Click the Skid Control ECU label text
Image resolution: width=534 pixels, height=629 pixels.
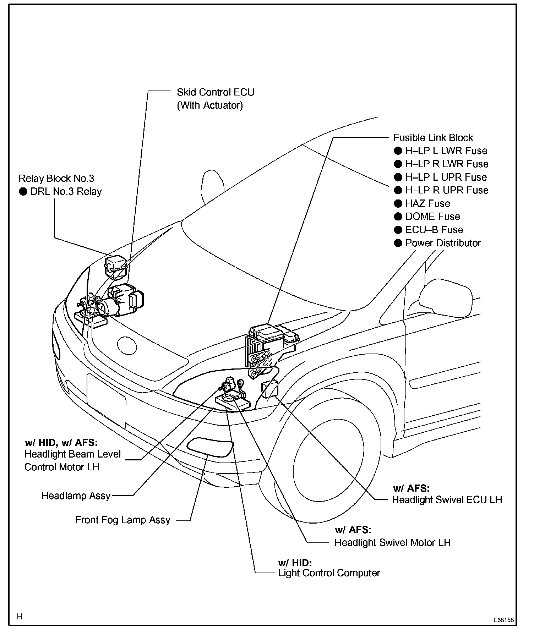(216, 92)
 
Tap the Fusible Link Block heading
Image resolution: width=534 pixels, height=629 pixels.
(433, 138)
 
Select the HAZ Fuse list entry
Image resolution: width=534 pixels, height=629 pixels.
(427, 203)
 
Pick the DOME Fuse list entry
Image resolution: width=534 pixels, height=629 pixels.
(432, 217)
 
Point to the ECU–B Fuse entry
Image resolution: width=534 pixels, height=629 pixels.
(434, 230)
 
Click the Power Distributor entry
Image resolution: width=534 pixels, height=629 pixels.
(443, 243)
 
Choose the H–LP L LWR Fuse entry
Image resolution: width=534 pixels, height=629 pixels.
(446, 151)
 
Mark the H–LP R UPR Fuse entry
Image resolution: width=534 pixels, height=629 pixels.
(447, 190)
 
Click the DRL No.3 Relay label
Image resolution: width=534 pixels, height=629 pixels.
(66, 192)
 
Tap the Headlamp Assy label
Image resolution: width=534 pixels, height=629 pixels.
(76, 496)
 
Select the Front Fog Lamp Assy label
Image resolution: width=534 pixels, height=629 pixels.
(123, 520)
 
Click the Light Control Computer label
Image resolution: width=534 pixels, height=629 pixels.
(329, 573)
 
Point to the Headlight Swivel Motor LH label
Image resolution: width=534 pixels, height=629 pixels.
(392, 543)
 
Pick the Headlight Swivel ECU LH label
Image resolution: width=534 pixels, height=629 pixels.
(447, 500)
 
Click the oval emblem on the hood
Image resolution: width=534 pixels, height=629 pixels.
(127, 345)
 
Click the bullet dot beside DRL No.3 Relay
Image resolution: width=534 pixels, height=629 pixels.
(23, 192)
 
